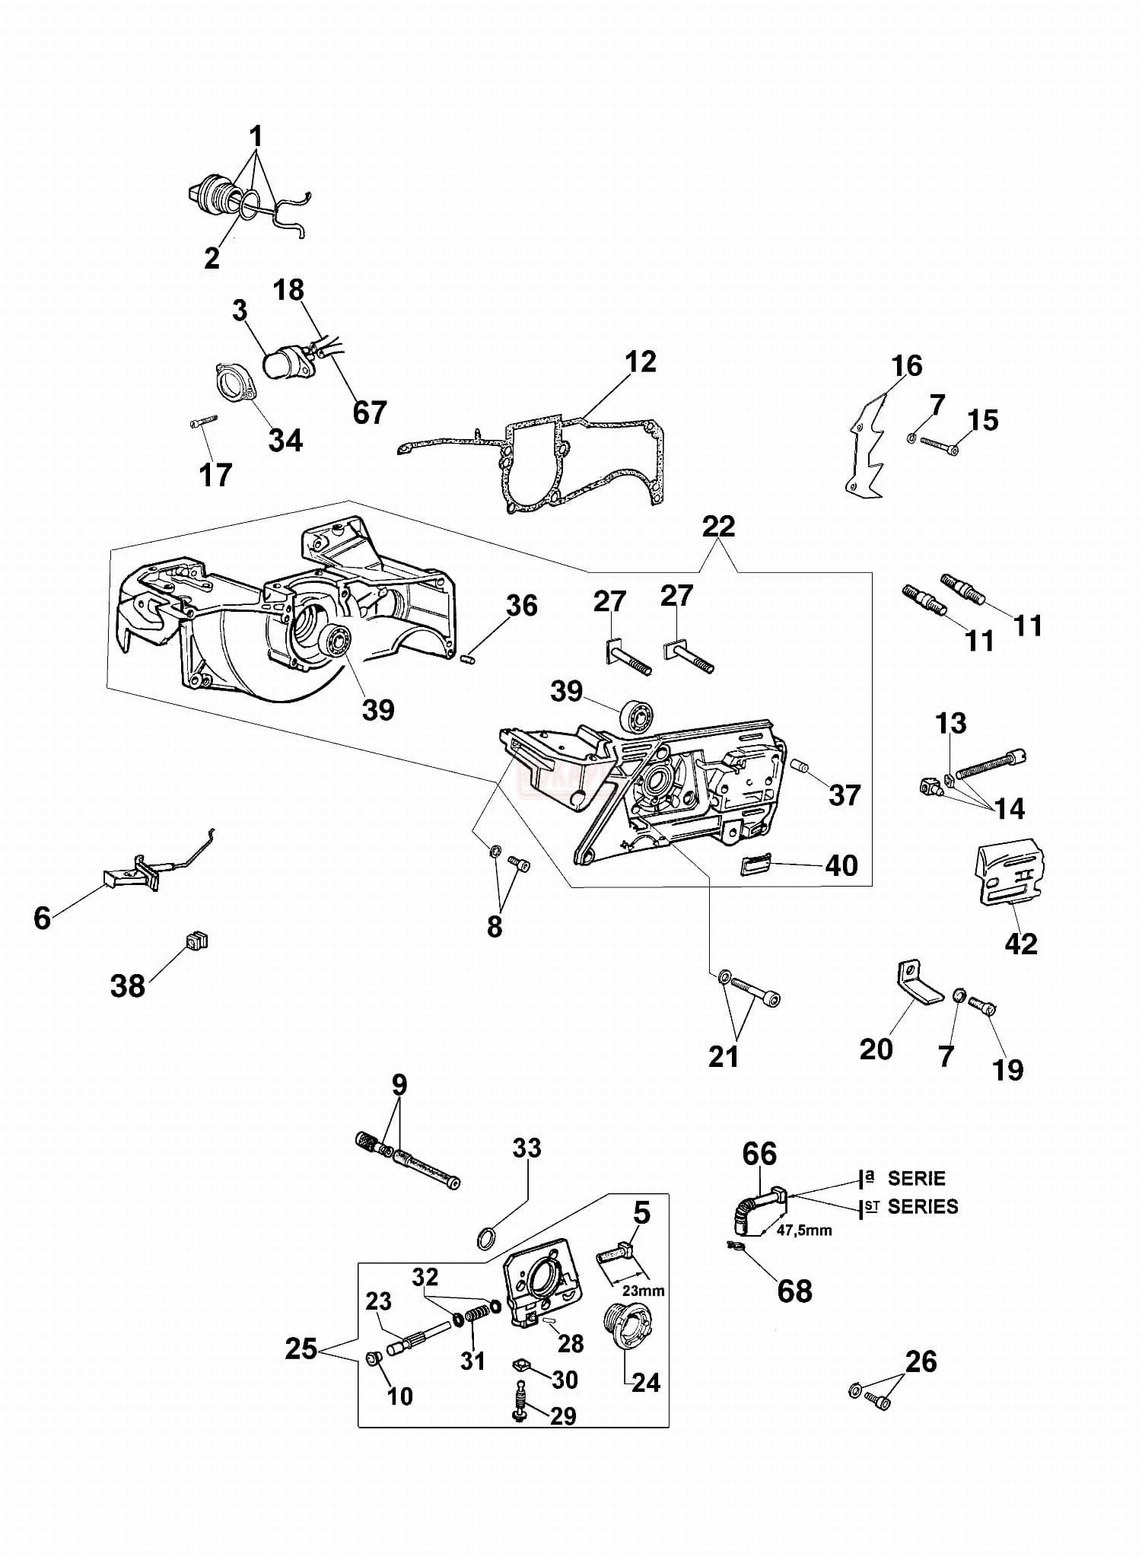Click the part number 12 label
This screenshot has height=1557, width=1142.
(x=641, y=362)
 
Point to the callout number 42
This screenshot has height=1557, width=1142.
(x=1020, y=944)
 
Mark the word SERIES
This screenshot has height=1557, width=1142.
(x=923, y=1206)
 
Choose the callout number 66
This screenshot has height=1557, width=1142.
(x=759, y=1154)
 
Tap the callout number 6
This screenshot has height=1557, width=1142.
(x=43, y=918)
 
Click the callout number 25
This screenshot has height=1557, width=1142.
(x=301, y=1349)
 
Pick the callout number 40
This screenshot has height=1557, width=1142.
(x=841, y=865)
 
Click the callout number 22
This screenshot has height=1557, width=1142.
(x=719, y=527)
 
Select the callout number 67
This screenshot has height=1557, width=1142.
(x=370, y=412)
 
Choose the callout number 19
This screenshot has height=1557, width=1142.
(x=1008, y=1069)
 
